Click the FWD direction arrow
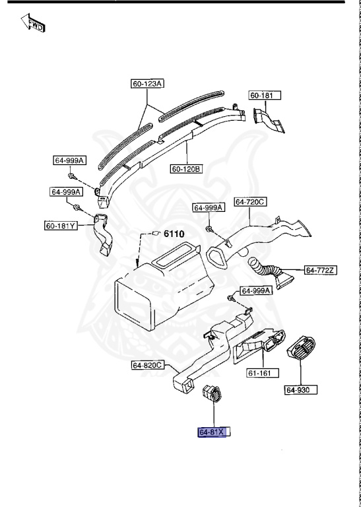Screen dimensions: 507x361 pyautogui.click(x=32, y=24)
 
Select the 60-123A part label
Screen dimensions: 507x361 pyautogui.click(x=148, y=83)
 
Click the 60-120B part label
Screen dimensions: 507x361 pyautogui.click(x=187, y=169)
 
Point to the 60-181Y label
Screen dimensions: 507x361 pyautogui.click(x=61, y=226)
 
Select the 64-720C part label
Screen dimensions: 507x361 pyautogui.click(x=250, y=202)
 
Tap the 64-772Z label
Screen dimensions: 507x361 pyautogui.click(x=321, y=270)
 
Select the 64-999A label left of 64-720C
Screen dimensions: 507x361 pyautogui.click(x=209, y=207)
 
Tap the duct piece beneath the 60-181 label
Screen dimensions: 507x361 pyautogui.click(x=270, y=123)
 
